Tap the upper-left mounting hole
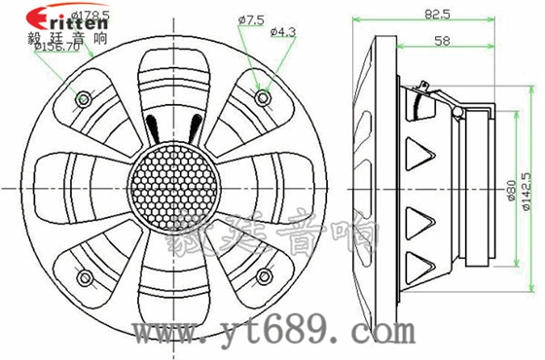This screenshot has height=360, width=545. click(85, 99)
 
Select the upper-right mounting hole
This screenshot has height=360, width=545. click(261, 98)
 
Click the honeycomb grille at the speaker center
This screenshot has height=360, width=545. click(173, 185)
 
